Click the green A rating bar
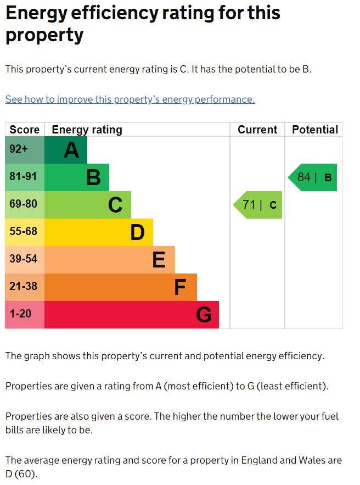66,150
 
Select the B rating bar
77,177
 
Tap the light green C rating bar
88,205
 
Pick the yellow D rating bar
99,232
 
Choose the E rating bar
110,260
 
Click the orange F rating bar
121,287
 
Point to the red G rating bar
132,315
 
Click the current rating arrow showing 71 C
258,205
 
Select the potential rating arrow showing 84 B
313,177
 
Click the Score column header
25,130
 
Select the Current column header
257,130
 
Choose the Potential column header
314,130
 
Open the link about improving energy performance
130,99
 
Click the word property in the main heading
44,35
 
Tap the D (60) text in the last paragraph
21,473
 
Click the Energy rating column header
87,130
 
